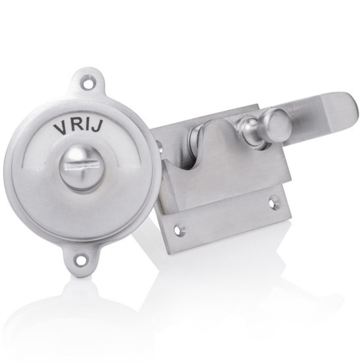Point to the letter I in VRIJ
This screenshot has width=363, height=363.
point(85,125)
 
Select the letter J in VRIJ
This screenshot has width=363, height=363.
point(95,127)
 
